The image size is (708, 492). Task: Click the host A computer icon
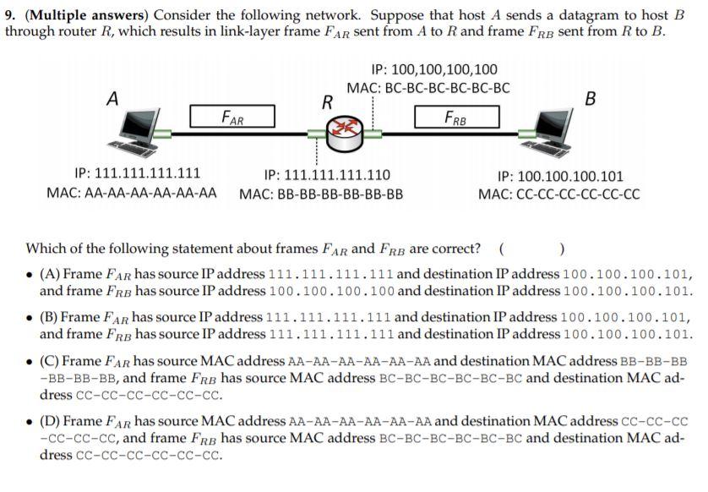[133, 133]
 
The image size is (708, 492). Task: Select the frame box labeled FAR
[233, 117]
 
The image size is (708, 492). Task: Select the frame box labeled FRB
[456, 117]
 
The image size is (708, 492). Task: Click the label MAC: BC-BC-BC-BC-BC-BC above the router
[428, 88]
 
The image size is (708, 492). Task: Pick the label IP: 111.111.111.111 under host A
[138, 175]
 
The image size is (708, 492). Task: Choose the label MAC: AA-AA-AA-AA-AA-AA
[131, 194]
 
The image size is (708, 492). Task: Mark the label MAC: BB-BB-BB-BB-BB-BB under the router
[321, 194]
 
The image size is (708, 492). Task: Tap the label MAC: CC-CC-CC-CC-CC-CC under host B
[558, 194]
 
